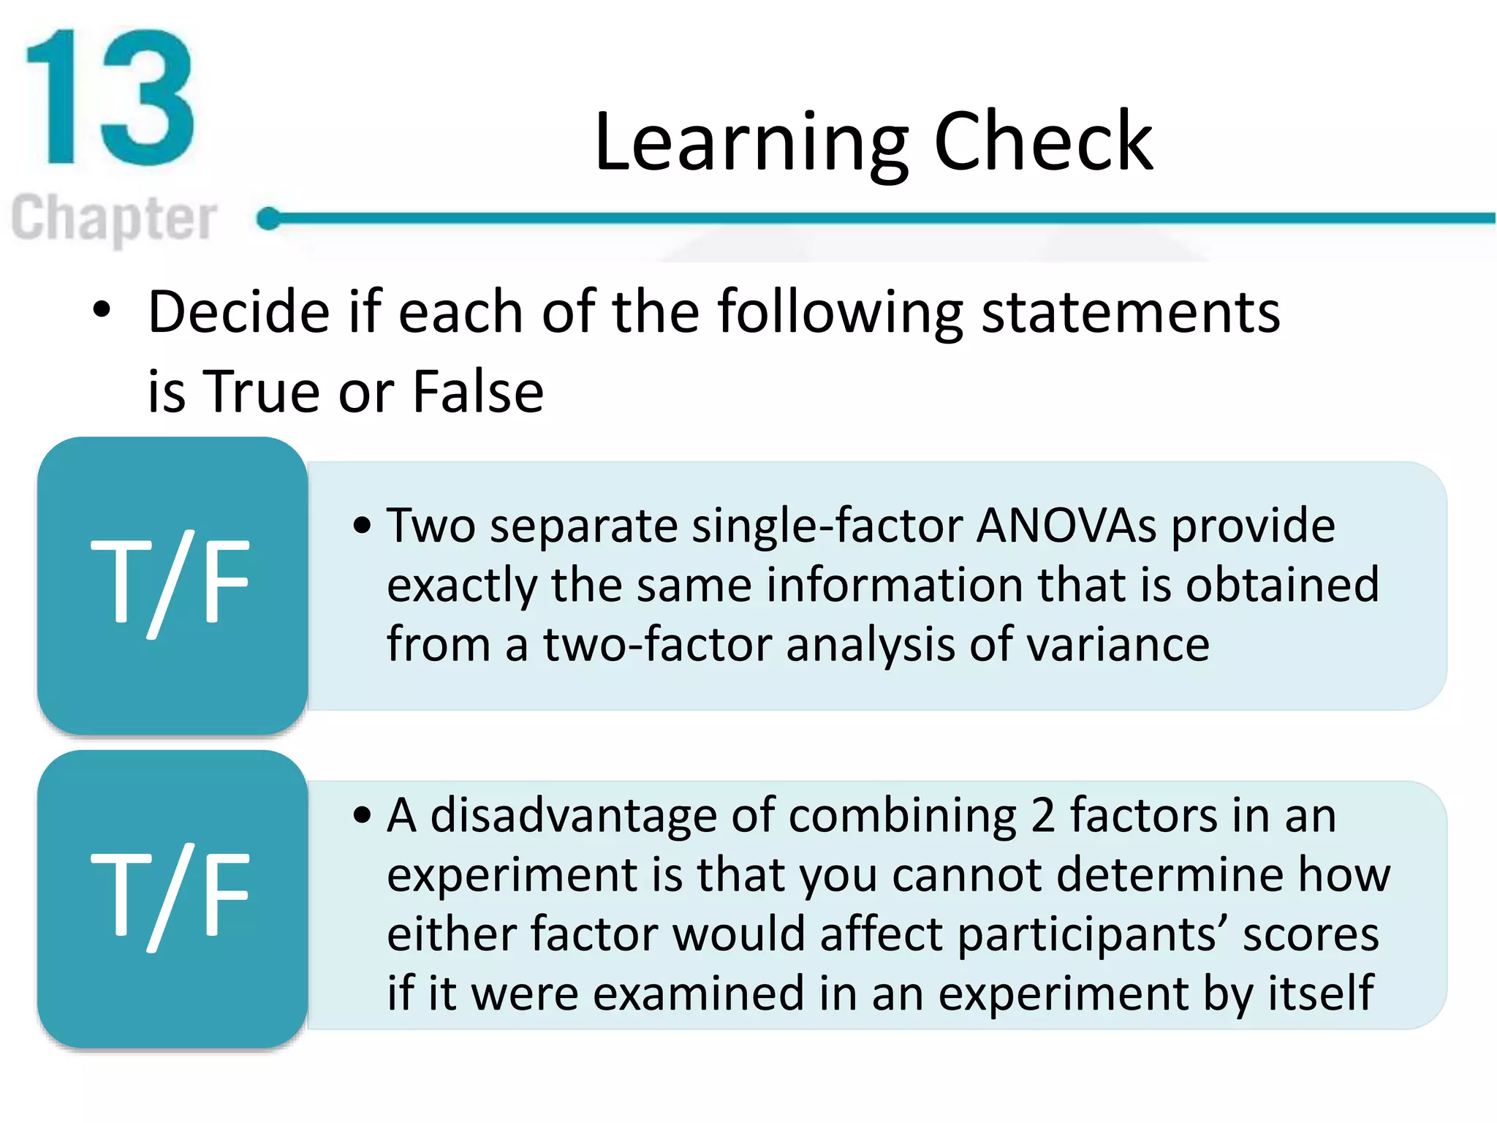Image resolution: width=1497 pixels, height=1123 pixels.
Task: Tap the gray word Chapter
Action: click(x=115, y=218)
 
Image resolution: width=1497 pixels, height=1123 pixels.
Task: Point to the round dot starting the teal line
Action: click(x=269, y=218)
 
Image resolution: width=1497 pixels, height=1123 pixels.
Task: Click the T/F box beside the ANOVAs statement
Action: click(x=172, y=585)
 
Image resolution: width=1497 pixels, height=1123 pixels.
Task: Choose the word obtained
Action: click(x=1282, y=586)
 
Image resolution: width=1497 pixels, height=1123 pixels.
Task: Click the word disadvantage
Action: click(x=573, y=816)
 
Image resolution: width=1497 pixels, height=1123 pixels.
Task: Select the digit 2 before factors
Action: click(x=1043, y=816)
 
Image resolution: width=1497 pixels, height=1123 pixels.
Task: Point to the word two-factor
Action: click(x=657, y=644)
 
